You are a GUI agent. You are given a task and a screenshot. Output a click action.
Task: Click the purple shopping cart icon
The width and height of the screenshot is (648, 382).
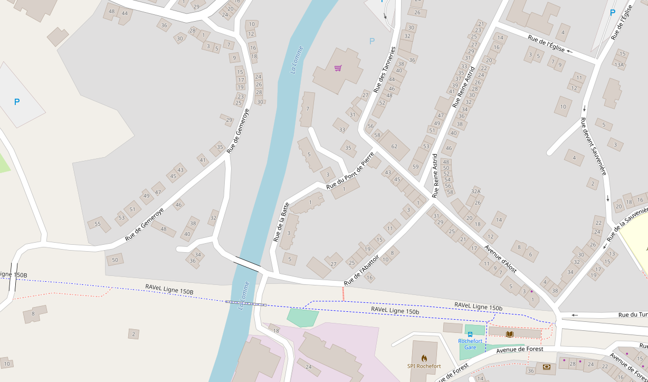coord(338,68)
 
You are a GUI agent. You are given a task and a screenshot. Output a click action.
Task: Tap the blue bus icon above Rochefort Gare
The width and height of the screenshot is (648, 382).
coord(470,335)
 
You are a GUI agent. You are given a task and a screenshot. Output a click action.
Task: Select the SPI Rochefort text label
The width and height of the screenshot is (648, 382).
coord(424,366)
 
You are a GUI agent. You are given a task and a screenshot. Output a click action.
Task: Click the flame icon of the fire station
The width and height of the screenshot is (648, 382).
coord(424,358)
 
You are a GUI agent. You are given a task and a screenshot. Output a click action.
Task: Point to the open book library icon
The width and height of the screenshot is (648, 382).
coord(509,334)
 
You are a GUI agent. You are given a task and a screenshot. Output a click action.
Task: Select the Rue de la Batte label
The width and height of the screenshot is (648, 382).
coord(281,222)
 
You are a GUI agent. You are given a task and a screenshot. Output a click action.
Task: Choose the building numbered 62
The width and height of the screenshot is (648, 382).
coord(394,146)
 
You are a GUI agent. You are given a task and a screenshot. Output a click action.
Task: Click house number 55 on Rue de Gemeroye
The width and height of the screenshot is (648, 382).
coord(97,224)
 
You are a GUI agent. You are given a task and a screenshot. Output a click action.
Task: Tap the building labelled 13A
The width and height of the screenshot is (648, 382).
coord(618,65)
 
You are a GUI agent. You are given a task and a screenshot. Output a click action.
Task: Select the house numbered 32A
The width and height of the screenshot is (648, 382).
coord(475,192)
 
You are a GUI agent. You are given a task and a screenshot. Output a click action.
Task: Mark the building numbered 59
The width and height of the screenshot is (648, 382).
coord(415,167)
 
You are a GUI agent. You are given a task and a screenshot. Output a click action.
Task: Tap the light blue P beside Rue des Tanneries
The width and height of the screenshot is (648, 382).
coord(372,41)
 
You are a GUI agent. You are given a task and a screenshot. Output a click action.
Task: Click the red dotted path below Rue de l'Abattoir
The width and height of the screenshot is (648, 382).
coord(344,294)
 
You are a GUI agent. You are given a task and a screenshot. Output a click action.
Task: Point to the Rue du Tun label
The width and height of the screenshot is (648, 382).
coord(633,315)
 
